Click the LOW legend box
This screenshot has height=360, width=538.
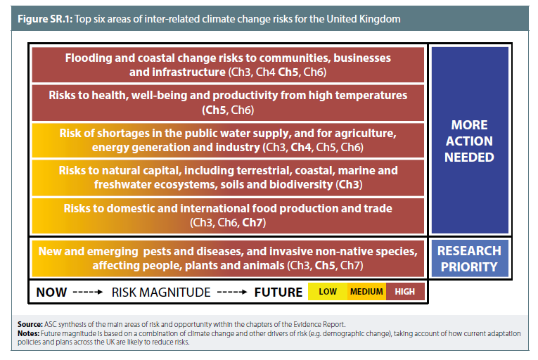pyautogui.click(x=328, y=291)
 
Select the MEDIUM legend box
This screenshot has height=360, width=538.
pyautogui.click(x=366, y=291)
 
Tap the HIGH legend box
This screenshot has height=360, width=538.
pyautogui.click(x=405, y=291)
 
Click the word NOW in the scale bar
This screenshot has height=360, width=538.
pyautogui.click(x=51, y=292)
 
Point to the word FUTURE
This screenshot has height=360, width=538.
pyautogui.click(x=278, y=292)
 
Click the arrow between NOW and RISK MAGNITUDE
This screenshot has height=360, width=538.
pyautogui.click(x=88, y=292)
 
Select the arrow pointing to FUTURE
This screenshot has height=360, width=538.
pyautogui.click(x=232, y=292)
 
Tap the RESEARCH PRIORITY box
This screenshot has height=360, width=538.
pyautogui.click(x=469, y=259)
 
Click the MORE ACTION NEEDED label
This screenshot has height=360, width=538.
pyautogui.click(x=469, y=141)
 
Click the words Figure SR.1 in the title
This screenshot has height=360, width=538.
pyautogui.click(x=45, y=19)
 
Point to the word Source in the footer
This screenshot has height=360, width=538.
pyautogui.click(x=30, y=324)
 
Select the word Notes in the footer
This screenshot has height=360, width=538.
pyautogui.click(x=28, y=333)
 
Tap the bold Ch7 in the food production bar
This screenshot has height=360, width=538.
pyautogui.click(x=254, y=222)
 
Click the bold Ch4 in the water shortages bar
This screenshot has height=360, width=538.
pyautogui.click(x=301, y=147)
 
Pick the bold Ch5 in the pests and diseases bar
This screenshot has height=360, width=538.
pyautogui.click(x=325, y=265)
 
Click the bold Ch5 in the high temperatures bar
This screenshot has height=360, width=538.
pyautogui.click(x=215, y=110)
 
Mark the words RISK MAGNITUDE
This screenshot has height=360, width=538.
pyautogui.click(x=161, y=292)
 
